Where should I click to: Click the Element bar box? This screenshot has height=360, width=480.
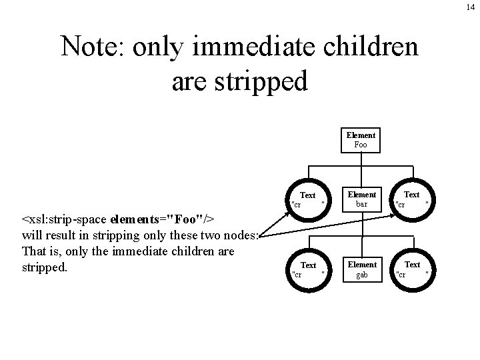click(362, 199)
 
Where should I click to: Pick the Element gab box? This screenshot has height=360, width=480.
click(362, 269)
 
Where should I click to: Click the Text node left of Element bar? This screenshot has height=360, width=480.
click(308, 199)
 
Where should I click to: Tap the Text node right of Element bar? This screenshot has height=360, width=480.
click(412, 199)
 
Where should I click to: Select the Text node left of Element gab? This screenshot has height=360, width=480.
click(308, 269)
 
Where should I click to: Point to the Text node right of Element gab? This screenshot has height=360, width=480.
click(412, 269)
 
